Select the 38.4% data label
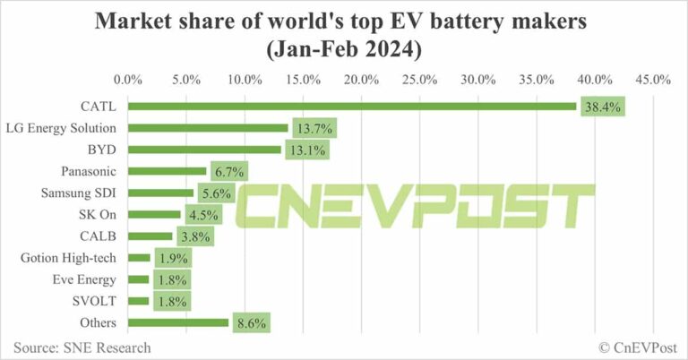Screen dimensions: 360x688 click(602, 106)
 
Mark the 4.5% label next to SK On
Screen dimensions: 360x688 click(202, 215)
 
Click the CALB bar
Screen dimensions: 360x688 click(150, 236)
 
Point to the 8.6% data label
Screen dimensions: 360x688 click(251, 322)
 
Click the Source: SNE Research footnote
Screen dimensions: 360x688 click(82, 347)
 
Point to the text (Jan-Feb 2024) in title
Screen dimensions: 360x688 click(344, 49)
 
